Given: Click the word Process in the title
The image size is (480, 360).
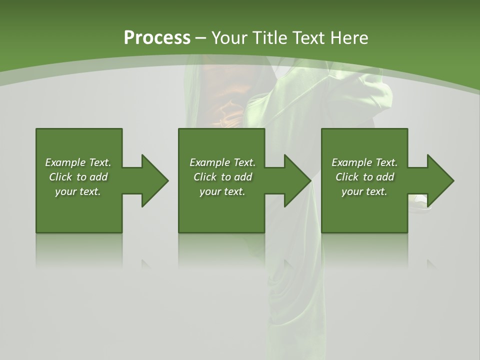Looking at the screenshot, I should point(157,38).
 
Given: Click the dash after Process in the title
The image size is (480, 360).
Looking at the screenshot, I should point(201,38).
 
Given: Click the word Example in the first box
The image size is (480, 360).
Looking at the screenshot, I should point(65,162).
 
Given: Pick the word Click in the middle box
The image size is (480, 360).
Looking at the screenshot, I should point(204,177).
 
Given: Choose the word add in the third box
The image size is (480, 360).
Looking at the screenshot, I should point(385,177).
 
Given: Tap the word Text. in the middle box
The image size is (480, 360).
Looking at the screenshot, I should point(244,162).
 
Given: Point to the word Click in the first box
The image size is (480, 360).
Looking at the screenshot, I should point(60,177).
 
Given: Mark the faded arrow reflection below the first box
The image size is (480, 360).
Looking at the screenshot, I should point(145,263).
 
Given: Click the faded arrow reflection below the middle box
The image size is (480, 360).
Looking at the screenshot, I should point(288,263).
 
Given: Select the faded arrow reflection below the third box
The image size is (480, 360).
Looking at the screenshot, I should point(430,263).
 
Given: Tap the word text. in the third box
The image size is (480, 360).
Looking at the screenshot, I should point(376,191).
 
